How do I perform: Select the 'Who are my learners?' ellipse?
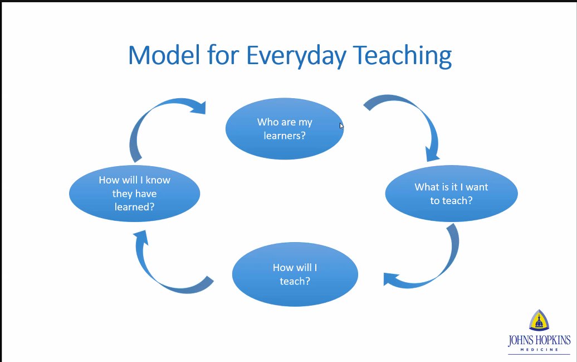click(x=285, y=128)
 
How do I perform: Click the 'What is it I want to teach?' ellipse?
click(x=451, y=194)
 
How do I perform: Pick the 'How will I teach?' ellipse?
click(x=295, y=274)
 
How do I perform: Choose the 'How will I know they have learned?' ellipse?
click(x=134, y=194)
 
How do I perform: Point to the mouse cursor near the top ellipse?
click(x=341, y=126)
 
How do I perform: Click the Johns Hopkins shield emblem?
click(x=539, y=321)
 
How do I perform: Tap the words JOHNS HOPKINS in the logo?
click(x=539, y=340)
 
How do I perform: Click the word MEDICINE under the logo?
click(x=539, y=350)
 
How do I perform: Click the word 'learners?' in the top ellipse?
click(x=285, y=135)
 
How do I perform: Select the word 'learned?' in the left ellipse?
click(x=134, y=206)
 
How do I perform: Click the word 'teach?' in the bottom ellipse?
click(x=295, y=281)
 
